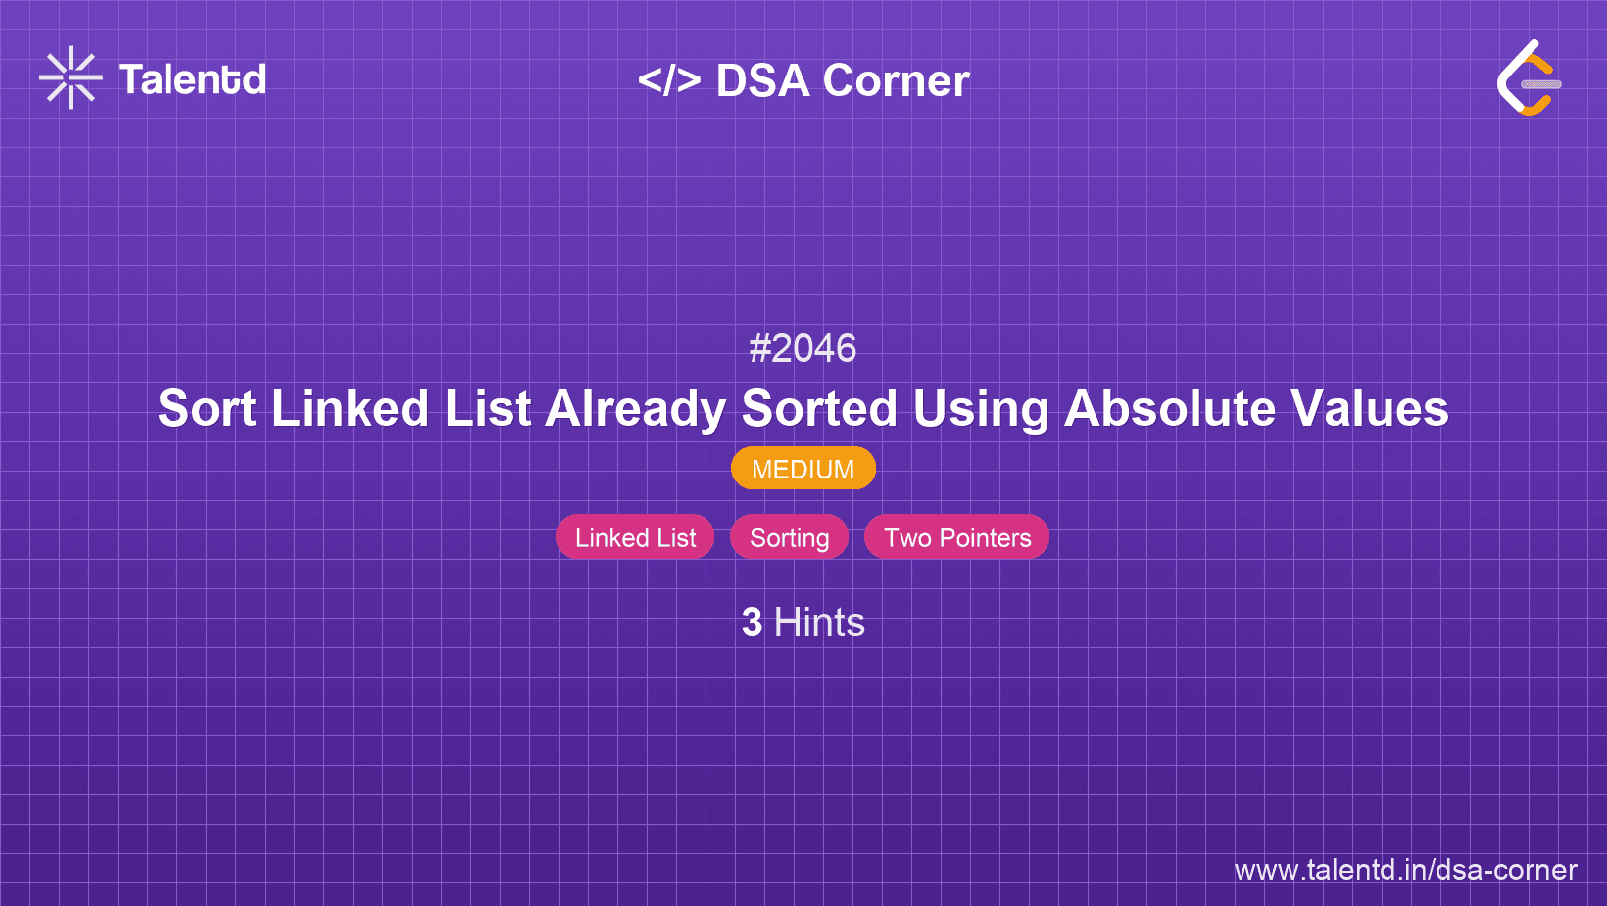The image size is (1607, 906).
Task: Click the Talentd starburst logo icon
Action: pyautogui.click(x=71, y=78)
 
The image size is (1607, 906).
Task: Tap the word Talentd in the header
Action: pyautogui.click(x=192, y=79)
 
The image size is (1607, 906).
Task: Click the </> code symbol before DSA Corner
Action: pyautogui.click(x=669, y=80)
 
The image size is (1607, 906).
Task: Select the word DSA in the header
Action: pyautogui.click(x=763, y=80)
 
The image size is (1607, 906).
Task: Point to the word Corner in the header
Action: pyautogui.click(x=897, y=80)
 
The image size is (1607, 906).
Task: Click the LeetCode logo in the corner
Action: pyautogui.click(x=1529, y=78)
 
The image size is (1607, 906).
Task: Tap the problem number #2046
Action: pyautogui.click(x=803, y=348)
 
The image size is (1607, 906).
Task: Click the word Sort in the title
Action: pyautogui.click(x=207, y=408)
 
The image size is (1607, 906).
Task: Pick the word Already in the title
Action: pyautogui.click(x=635, y=408)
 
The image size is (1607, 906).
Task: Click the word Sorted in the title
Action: pyautogui.click(x=819, y=408)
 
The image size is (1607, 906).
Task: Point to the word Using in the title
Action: pyautogui.click(x=981, y=408)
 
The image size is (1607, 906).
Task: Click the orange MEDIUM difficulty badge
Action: pyautogui.click(x=803, y=469)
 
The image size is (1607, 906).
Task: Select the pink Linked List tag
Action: pyautogui.click(x=635, y=537)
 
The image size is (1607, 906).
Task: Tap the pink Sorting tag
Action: pyautogui.click(x=790, y=537)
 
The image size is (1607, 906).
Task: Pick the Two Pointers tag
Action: pyautogui.click(x=957, y=537)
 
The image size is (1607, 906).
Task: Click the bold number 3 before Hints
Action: pyautogui.click(x=752, y=623)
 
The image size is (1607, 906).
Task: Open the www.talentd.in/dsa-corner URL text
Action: pyautogui.click(x=1405, y=870)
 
